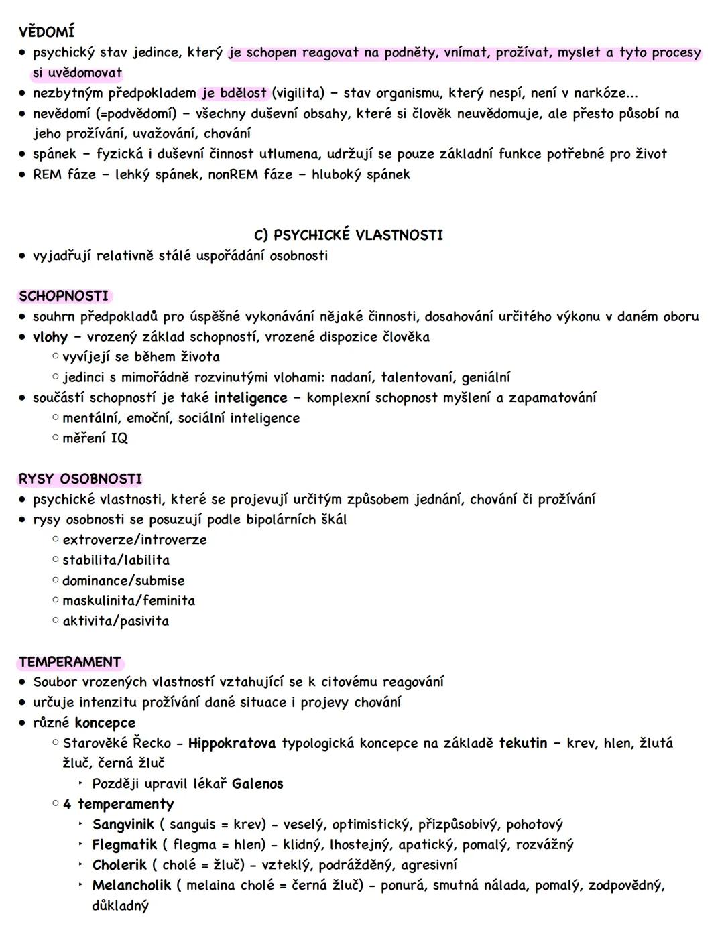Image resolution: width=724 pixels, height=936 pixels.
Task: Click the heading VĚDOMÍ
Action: coord(46,31)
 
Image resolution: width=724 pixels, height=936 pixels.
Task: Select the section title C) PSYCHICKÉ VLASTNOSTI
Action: coord(349,235)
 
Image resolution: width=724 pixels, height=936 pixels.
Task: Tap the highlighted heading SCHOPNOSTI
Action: coord(64,296)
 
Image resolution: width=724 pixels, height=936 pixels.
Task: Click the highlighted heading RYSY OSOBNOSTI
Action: coord(80,479)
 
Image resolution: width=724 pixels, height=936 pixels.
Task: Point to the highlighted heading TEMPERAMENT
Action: coord(70,662)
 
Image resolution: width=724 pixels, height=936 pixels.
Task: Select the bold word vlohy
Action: coord(50,337)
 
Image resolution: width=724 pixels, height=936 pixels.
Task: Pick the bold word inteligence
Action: coord(251,398)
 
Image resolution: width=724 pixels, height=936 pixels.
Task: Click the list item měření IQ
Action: coord(95,438)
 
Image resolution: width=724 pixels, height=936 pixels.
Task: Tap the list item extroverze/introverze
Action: coord(134,540)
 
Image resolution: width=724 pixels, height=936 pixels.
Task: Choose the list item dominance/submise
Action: coord(123,581)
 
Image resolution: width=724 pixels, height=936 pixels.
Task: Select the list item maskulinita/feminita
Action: coord(129,601)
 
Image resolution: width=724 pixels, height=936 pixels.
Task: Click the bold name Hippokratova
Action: coord(232,743)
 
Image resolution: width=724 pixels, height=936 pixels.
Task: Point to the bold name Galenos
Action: coord(257,784)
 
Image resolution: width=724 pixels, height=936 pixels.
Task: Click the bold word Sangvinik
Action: coord(123,825)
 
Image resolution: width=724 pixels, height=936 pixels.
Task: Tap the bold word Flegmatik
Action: coord(125,845)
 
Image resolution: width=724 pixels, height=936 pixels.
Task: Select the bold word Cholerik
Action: coord(119,865)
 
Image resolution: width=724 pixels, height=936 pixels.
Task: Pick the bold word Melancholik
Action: coord(131,886)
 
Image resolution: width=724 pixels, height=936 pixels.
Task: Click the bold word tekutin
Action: coord(523,743)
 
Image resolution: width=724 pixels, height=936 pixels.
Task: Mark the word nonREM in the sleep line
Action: coord(232,175)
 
